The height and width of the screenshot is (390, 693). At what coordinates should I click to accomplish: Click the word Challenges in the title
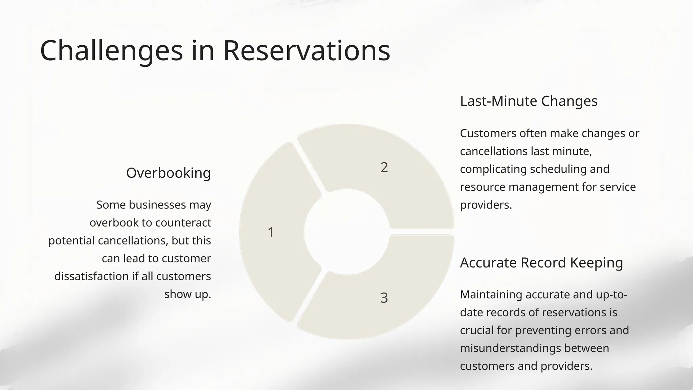(111, 51)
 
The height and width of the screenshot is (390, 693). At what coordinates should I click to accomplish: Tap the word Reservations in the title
(307, 51)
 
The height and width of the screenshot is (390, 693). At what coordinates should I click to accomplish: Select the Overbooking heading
(168, 173)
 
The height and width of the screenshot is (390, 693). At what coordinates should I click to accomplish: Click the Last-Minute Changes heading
(529, 101)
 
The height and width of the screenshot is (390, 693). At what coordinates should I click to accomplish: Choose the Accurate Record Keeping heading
(541, 263)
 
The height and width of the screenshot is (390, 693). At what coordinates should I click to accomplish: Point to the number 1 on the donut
(271, 233)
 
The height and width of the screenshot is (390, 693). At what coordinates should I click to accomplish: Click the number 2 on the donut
(384, 168)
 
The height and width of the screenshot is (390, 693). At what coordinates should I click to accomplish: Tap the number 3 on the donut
(384, 298)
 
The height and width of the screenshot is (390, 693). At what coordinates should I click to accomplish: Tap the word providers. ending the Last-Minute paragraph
(486, 205)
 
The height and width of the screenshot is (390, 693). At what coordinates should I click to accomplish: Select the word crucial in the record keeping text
(477, 330)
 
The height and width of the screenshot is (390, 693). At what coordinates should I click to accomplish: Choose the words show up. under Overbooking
(187, 294)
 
